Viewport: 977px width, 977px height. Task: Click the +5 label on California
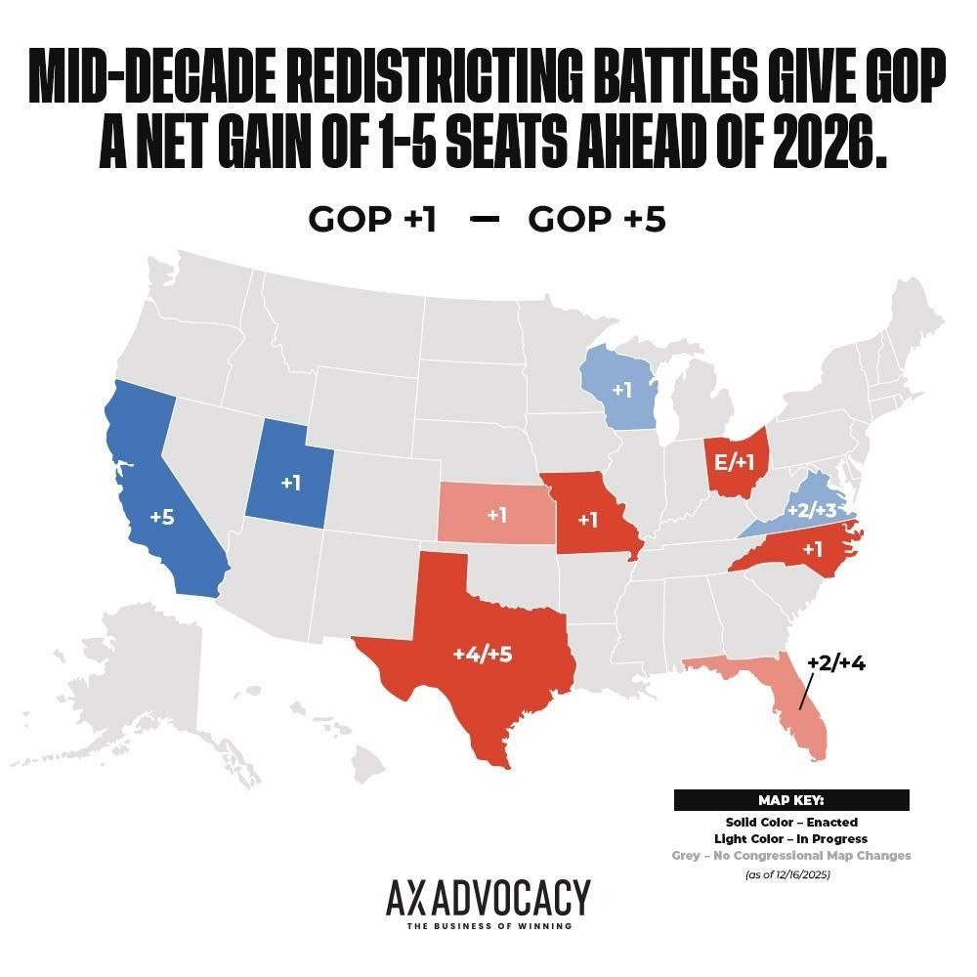pos(162,517)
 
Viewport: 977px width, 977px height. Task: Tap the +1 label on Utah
pos(290,484)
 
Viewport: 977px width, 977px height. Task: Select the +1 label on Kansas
pos(497,515)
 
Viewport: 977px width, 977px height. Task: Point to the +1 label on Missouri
pos(587,520)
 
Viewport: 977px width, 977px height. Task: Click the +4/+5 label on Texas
pos(482,654)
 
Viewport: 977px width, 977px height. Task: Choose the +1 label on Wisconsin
pos(622,390)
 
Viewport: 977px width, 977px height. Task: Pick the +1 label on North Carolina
pos(811,549)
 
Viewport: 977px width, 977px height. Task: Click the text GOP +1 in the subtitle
pos(372,220)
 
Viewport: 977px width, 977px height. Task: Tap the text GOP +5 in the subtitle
pos(597,220)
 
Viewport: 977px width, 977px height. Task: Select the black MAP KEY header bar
pos(791,800)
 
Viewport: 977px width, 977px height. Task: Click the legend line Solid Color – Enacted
pos(791,822)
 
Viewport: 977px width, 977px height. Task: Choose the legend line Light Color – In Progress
pos(791,838)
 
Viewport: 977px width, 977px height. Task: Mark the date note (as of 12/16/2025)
pos(791,874)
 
